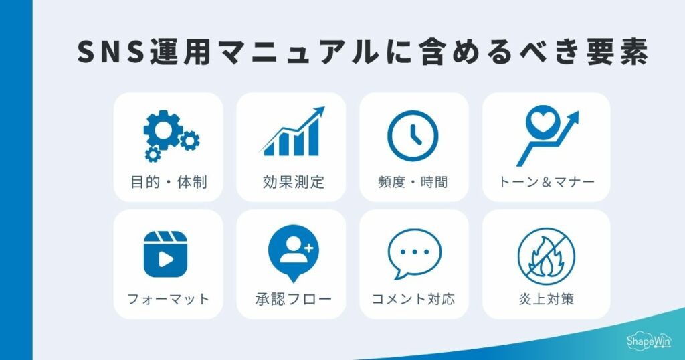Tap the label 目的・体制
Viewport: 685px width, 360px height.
[x=169, y=181]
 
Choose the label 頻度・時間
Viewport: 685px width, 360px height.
[x=413, y=181]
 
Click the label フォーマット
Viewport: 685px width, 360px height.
[x=169, y=298]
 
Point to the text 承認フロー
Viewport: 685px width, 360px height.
[x=292, y=298]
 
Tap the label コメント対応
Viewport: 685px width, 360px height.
[x=413, y=298]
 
